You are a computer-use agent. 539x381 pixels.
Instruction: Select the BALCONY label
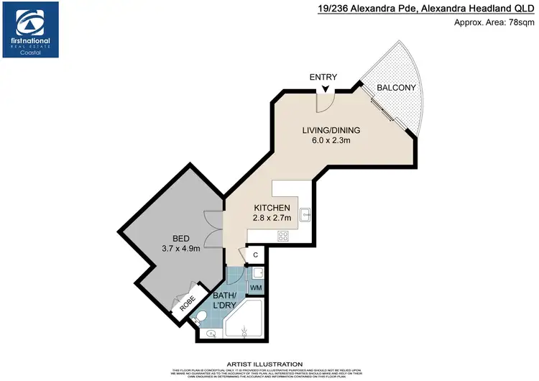tap(397, 88)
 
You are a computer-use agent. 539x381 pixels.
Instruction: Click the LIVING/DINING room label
tap(331, 130)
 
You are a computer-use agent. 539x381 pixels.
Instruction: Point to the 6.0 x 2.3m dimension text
tap(331, 141)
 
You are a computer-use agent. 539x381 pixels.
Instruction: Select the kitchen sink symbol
tap(305, 214)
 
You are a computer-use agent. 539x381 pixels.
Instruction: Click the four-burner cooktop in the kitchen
tap(282, 235)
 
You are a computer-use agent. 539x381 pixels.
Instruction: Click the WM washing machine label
tap(256, 288)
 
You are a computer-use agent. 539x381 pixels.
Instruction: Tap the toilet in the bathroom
tap(203, 316)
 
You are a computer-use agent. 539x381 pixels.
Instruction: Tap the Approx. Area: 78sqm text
tap(494, 22)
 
